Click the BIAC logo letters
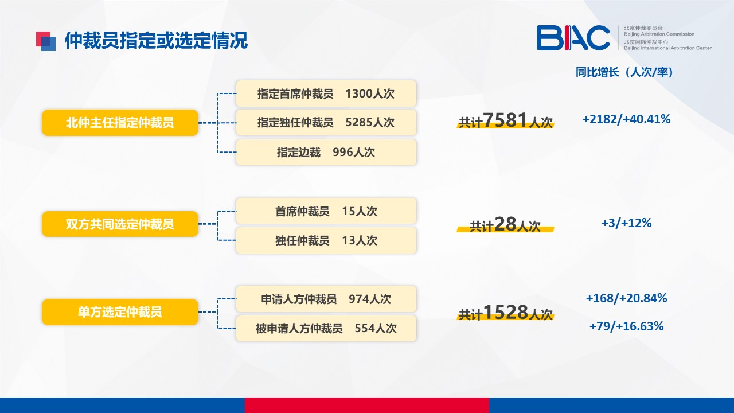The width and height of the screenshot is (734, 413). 573,38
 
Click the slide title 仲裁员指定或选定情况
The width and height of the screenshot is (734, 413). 156,41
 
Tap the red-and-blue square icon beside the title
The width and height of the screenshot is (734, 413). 46,41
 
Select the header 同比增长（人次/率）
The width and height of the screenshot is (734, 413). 624,72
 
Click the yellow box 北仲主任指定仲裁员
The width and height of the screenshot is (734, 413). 120,123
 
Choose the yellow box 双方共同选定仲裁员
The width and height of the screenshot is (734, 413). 120,224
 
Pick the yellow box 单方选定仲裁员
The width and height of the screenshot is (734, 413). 120,311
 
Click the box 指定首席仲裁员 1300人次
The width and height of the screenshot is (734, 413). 326,93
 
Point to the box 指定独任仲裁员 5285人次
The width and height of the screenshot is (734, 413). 326,123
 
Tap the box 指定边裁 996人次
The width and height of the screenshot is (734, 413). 326,152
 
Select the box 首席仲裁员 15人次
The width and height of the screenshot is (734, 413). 326,211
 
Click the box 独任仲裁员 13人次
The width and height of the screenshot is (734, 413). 326,240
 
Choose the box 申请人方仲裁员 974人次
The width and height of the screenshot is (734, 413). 326,299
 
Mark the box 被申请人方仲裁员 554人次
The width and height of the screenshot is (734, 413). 326,328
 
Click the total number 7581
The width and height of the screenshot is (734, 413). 505,120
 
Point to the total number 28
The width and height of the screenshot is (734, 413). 505,224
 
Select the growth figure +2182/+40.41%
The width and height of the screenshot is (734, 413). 627,119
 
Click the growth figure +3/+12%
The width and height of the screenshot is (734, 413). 627,223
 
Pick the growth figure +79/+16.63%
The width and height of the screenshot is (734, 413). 627,326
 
